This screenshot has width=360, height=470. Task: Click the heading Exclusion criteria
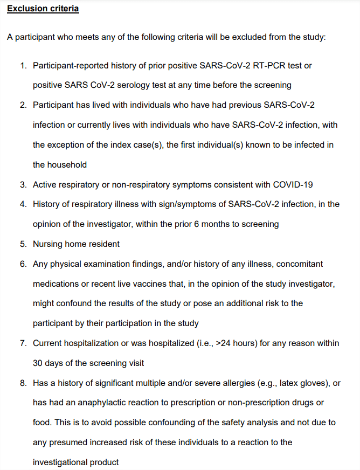point(43,9)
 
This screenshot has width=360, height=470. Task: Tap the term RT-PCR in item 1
point(271,65)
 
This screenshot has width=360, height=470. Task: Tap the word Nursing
point(47,244)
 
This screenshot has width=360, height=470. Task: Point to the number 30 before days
point(38,363)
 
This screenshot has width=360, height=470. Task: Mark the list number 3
point(23,184)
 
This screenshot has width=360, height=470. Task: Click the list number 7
point(23,343)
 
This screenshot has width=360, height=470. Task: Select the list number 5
point(23,244)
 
